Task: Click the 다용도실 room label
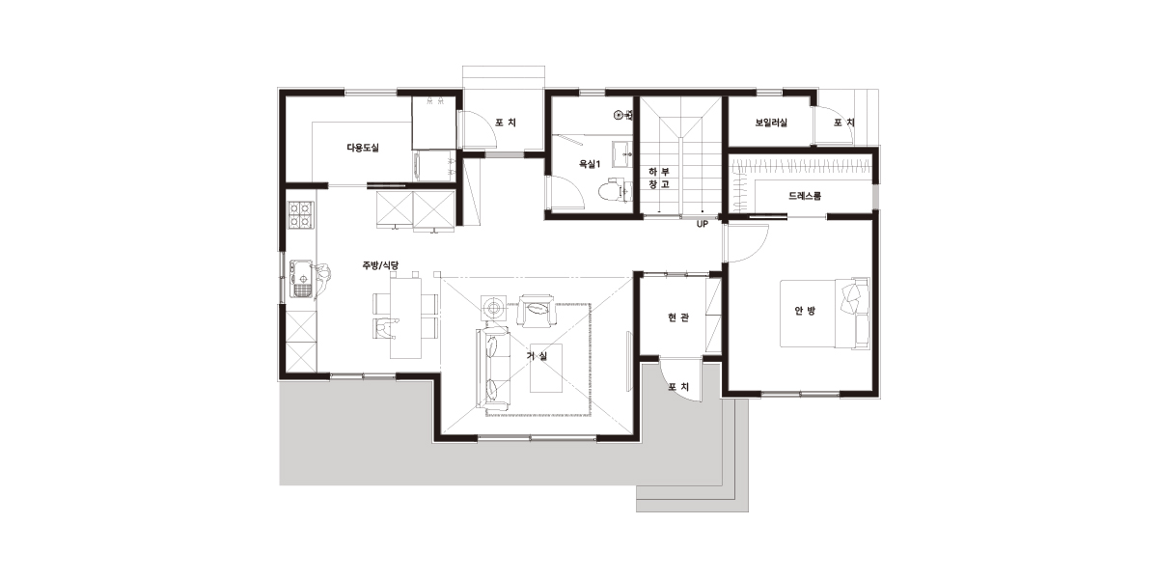pos(363,148)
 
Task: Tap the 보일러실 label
pos(771,123)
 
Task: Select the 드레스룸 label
pos(805,196)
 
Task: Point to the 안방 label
pos(805,311)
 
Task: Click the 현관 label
pos(678,317)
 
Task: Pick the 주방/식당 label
pos(380,265)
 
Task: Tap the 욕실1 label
pos(590,164)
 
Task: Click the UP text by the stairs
pos(703,224)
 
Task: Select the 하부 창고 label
pos(659,178)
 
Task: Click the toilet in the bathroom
pos(614,190)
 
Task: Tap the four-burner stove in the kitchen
pos(301,215)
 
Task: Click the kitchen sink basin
pos(302,280)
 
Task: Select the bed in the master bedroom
pos(824,314)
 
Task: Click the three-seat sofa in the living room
pos(493,368)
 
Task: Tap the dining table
pos(405,317)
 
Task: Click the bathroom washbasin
pos(622,153)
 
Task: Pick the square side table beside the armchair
pos(493,309)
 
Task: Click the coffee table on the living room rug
pos(546,368)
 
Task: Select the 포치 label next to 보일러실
pos(843,123)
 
